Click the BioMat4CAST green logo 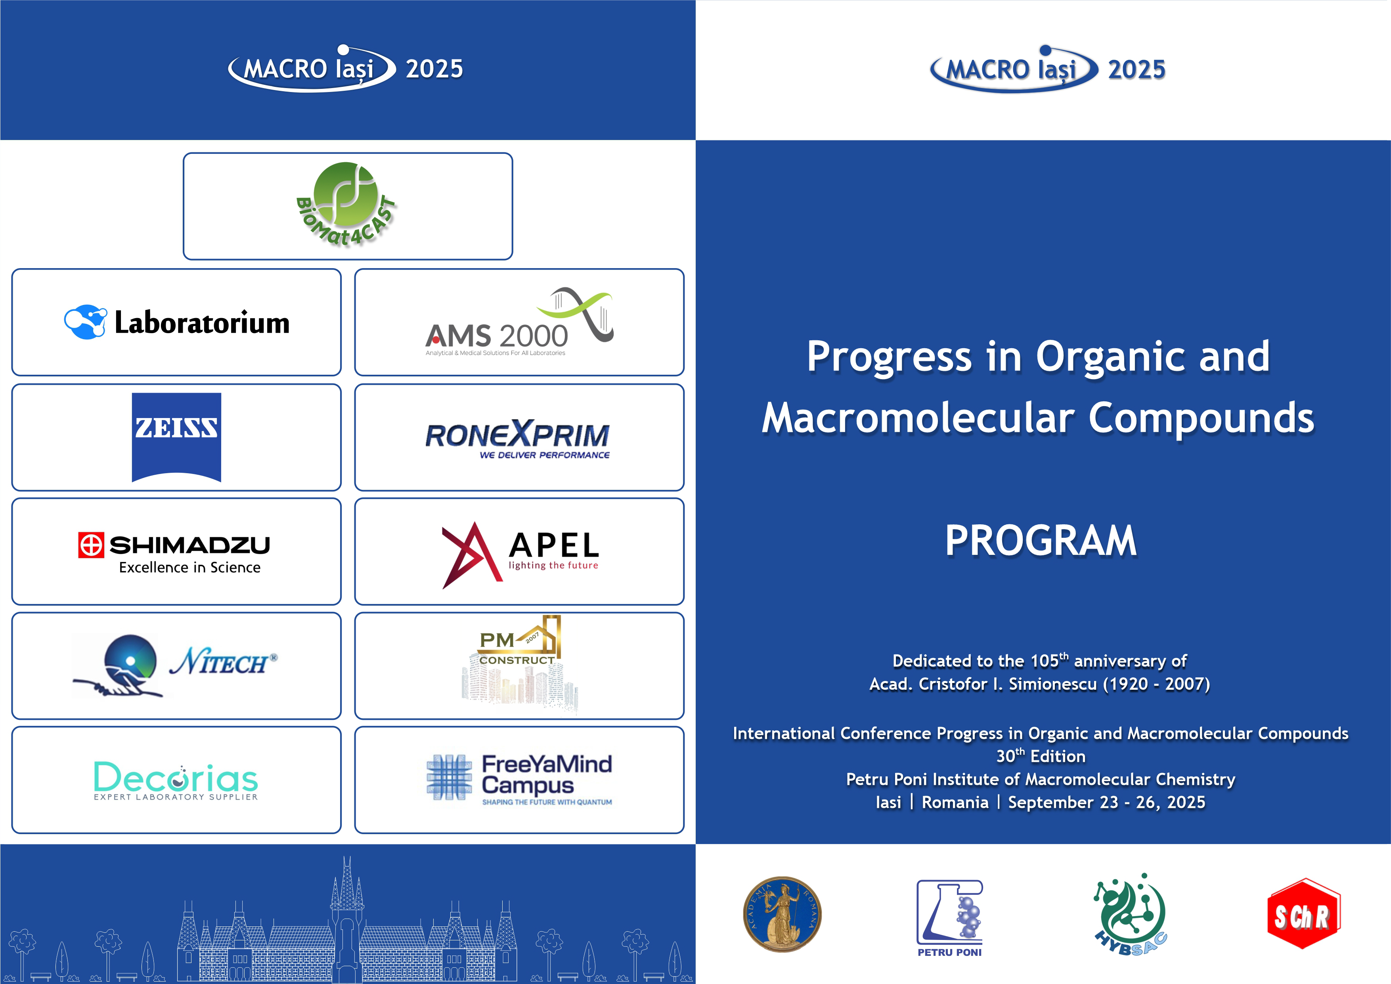point(346,204)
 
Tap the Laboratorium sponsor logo point(177,322)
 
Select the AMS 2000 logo point(519,322)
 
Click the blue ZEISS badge point(176,437)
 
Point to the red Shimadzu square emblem point(91,545)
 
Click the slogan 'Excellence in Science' point(189,568)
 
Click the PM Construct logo point(520,664)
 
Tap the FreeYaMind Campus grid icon point(449,777)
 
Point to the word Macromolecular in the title point(918,418)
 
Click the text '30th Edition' point(1041,756)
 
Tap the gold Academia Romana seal point(782,914)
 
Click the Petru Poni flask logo point(949,918)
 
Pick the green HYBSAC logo point(1130,914)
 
